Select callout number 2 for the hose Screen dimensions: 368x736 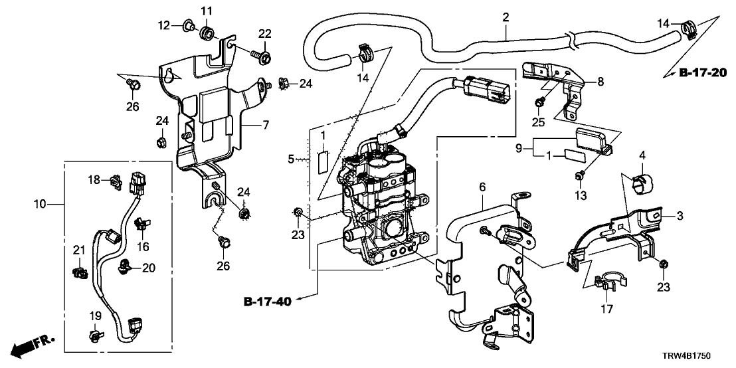pos(506,17)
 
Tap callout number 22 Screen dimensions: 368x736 pos(265,34)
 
